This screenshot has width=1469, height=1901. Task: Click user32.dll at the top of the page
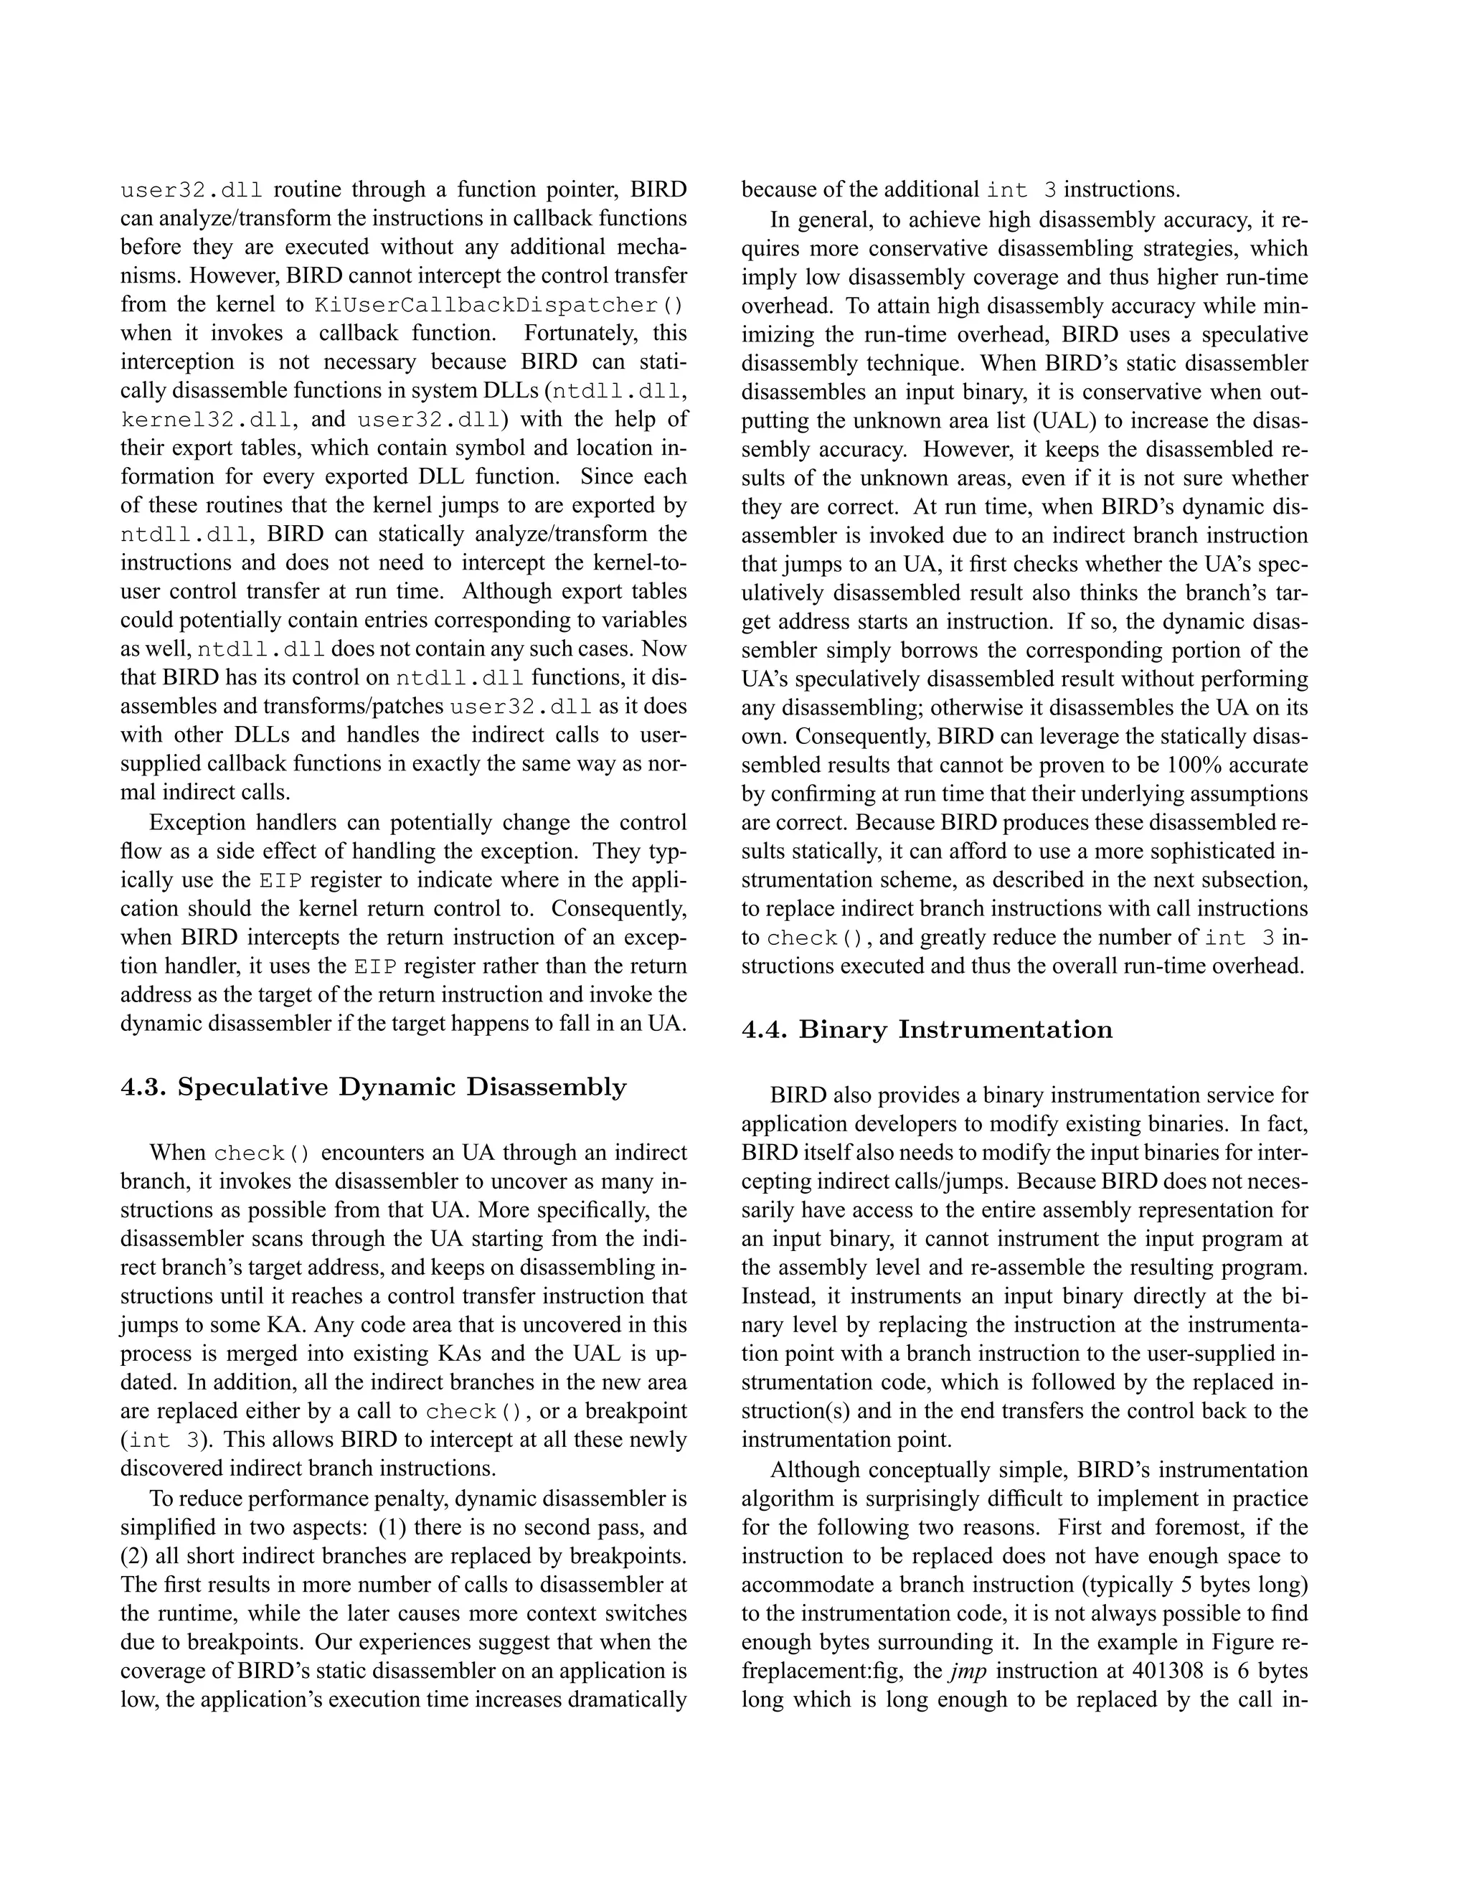tap(192, 191)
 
